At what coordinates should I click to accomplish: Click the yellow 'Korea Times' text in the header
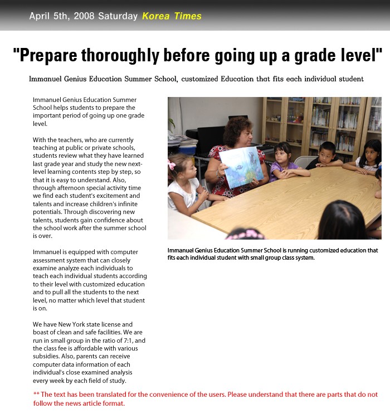point(172,16)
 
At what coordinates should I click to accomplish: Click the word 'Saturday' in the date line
point(118,16)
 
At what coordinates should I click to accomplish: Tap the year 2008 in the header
point(81,16)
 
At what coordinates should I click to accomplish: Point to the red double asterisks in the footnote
point(36,395)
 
